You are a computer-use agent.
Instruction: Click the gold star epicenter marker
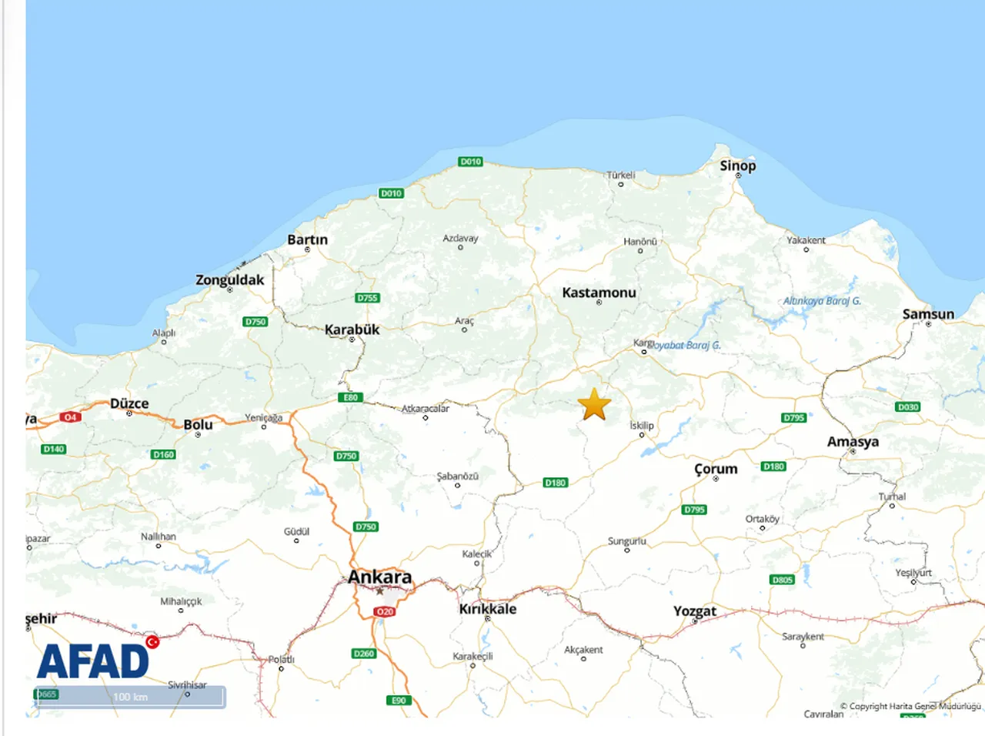(x=594, y=405)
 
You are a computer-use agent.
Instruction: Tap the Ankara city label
(x=379, y=577)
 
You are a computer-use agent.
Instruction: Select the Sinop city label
(x=737, y=166)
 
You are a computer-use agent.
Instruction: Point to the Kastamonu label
(x=599, y=293)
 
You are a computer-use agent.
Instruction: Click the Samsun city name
(x=928, y=314)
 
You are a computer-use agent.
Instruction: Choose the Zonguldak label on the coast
(x=229, y=279)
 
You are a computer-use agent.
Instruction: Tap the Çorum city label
(x=716, y=469)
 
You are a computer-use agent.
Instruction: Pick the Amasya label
(x=853, y=442)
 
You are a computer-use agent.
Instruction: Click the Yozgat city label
(x=695, y=611)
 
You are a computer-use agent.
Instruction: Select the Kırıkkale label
(x=488, y=609)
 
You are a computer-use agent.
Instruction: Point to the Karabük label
(x=352, y=330)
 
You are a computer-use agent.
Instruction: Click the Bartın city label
(x=307, y=239)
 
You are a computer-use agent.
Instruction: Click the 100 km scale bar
(x=130, y=697)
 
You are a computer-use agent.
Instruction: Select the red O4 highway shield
(x=70, y=417)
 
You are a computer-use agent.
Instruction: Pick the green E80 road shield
(x=350, y=397)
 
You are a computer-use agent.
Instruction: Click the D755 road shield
(x=367, y=298)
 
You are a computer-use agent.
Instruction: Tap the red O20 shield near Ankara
(x=385, y=611)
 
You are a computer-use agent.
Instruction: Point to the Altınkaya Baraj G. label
(x=822, y=301)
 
